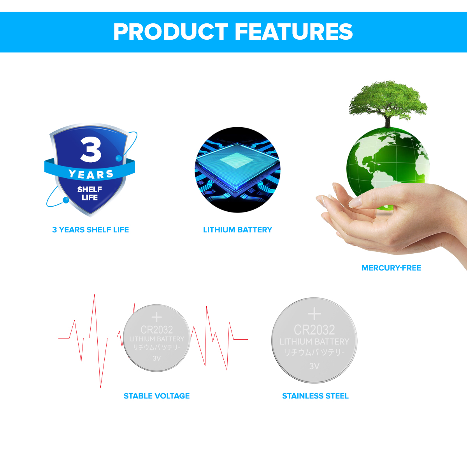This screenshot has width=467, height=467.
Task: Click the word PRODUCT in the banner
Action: pyautogui.click(x=170, y=32)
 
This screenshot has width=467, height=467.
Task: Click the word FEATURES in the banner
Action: pyautogui.click(x=294, y=32)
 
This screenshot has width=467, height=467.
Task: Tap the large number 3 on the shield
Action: pyautogui.click(x=91, y=149)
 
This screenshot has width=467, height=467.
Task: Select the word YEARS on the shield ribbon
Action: pyautogui.click(x=91, y=174)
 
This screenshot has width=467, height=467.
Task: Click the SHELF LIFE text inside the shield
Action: pyautogui.click(x=90, y=193)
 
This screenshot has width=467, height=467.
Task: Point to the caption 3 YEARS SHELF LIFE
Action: pyautogui.click(x=91, y=230)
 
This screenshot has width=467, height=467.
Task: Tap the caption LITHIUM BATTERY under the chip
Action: pyautogui.click(x=237, y=230)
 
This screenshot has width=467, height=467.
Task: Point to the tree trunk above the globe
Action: pyautogui.click(x=387, y=121)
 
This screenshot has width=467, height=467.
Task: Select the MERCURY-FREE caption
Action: pyautogui.click(x=391, y=268)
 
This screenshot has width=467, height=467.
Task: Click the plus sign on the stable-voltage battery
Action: pyautogui.click(x=156, y=317)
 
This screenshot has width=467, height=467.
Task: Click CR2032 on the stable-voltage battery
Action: pyautogui.click(x=156, y=330)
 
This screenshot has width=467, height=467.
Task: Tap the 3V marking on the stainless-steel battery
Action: pyautogui.click(x=314, y=366)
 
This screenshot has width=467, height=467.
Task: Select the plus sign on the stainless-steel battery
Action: pyautogui.click(x=314, y=314)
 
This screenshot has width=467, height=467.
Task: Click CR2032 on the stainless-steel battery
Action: pyautogui.click(x=314, y=330)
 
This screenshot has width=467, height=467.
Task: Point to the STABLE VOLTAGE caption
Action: pyautogui.click(x=156, y=396)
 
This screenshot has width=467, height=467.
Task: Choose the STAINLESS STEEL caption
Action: pyautogui.click(x=315, y=396)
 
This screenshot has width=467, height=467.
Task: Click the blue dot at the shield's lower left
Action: pyautogui.click(x=66, y=200)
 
